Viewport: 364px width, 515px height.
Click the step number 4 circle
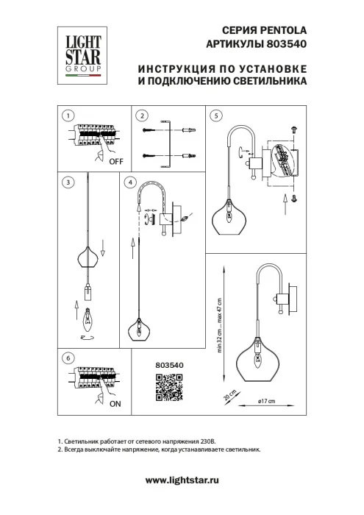[131, 181]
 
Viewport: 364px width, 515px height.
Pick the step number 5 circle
[215, 116]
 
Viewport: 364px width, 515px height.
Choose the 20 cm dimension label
[229, 395]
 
